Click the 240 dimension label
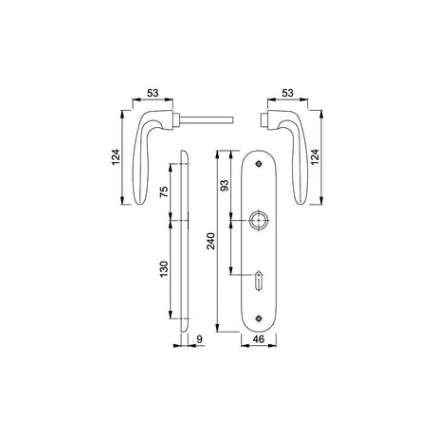pos(210,241)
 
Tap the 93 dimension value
pos(224,185)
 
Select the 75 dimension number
pos(164,191)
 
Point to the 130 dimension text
pos(164,269)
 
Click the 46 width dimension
pos(259,339)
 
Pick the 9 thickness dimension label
pos(199,339)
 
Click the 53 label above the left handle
pos(153,93)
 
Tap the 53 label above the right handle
pos(287,93)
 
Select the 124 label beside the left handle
pos(116,156)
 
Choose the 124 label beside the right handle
pos(315,156)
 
